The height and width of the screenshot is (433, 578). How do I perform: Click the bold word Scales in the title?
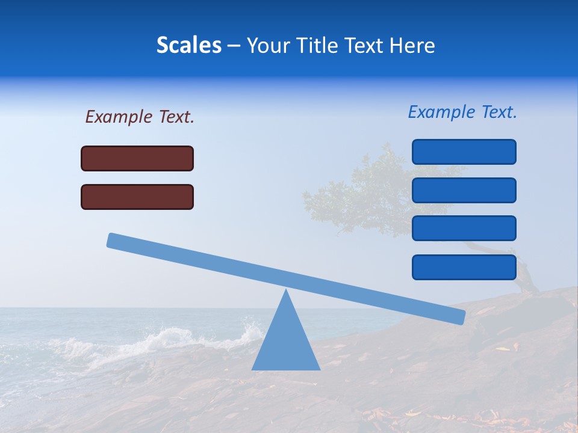pyautogui.click(x=188, y=45)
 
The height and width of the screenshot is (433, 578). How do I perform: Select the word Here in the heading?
pyautogui.click(x=411, y=45)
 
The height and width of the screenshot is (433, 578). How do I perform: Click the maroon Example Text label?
pyautogui.click(x=140, y=117)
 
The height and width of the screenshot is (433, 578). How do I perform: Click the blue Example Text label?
pyautogui.click(x=462, y=112)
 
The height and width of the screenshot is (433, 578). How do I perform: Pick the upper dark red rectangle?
pyautogui.click(x=137, y=158)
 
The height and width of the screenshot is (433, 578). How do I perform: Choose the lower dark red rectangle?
pyautogui.click(x=137, y=197)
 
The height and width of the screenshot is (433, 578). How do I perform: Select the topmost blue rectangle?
pyautogui.click(x=464, y=152)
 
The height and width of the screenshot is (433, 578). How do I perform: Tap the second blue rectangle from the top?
pyautogui.click(x=464, y=190)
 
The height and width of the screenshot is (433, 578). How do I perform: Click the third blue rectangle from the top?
pyautogui.click(x=464, y=229)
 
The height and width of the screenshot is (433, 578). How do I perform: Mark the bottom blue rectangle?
pyautogui.click(x=464, y=267)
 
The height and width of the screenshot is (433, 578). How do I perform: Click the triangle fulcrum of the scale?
pyautogui.click(x=286, y=343)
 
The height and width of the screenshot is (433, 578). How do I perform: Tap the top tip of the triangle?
pyautogui.click(x=286, y=292)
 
